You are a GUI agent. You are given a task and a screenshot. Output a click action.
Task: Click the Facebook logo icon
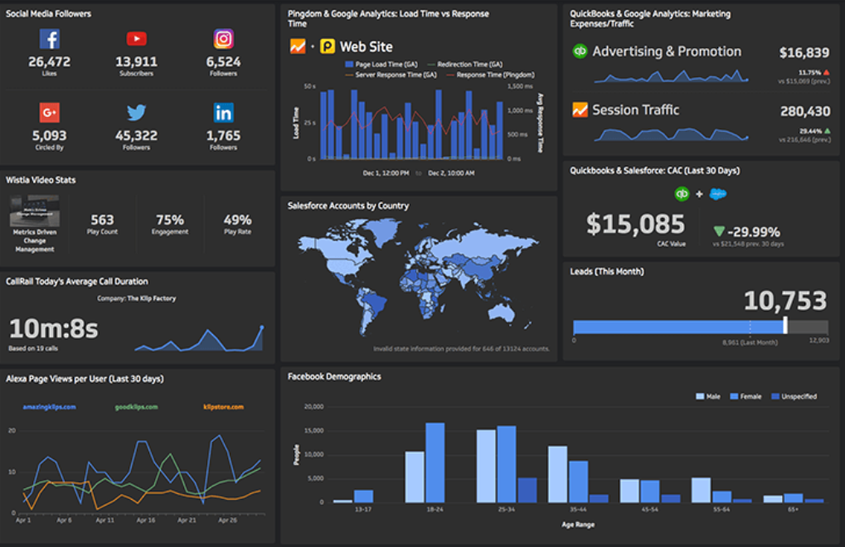coord(49,39)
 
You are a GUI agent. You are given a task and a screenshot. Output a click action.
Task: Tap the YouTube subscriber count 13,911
coord(137,61)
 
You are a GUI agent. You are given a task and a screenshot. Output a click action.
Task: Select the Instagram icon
coord(223,39)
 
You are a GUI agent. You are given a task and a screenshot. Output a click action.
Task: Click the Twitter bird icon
coord(137,113)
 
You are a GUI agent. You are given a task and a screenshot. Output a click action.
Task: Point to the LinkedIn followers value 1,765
coord(223,135)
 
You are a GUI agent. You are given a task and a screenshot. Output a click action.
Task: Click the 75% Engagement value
coord(169,220)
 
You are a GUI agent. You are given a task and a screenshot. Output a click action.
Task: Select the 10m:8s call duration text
coord(53,328)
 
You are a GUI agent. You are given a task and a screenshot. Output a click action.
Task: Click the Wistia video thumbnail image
coord(34,211)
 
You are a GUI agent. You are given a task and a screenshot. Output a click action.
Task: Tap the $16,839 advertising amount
coord(804,53)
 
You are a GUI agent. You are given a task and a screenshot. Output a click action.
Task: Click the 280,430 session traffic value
coord(804,111)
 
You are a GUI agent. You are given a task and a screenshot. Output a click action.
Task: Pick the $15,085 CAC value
coord(635,224)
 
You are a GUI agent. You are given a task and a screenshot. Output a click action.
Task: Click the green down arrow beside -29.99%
coord(718,231)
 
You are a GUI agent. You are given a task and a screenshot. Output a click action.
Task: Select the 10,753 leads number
coord(784,300)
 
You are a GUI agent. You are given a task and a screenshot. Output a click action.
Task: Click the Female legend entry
coord(746,396)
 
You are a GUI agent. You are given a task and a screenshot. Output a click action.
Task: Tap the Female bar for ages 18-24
coord(435,462)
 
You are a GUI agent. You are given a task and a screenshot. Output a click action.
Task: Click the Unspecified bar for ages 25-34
coord(527,490)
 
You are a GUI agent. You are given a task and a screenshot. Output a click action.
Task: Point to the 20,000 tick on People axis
coord(313,407)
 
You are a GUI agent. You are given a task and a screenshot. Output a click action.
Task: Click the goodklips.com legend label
coord(137,407)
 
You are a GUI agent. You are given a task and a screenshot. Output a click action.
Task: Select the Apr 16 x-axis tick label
coord(146,520)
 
